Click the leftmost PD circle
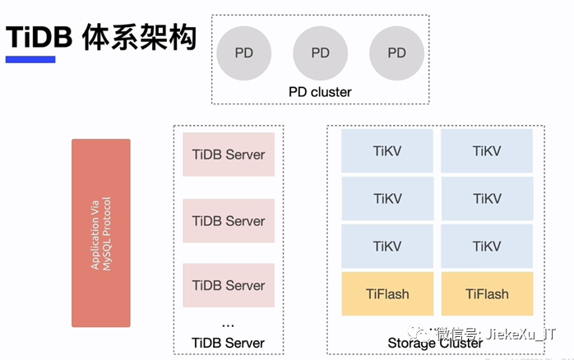pos(244,53)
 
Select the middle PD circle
pos(321,53)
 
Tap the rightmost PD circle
pos(396,53)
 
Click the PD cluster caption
pos(320,92)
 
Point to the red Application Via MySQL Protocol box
pos(100,233)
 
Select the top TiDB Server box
pos(229,155)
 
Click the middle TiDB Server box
pos(229,220)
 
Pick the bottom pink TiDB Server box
pos(229,285)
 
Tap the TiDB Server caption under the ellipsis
pos(228,343)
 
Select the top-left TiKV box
pos(387,151)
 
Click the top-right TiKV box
pos(487,151)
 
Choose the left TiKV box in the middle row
pos(387,199)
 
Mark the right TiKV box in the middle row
pos(487,199)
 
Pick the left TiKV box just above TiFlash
pos(387,247)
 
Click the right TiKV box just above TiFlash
pos(487,247)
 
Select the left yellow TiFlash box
pos(387,294)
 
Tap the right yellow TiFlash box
pos(487,294)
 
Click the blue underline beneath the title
pos(30,59)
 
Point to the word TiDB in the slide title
pos(40,37)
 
